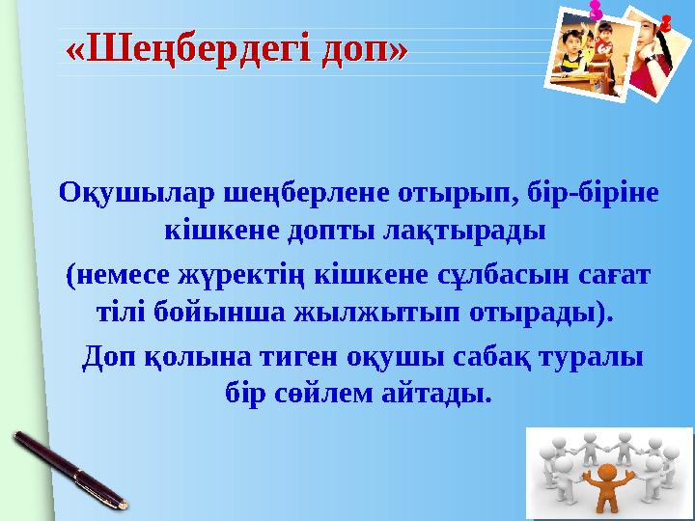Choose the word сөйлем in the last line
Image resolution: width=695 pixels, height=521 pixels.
324,395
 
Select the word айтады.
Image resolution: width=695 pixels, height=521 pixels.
441,395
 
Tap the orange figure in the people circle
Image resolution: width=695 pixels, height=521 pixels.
607,487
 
